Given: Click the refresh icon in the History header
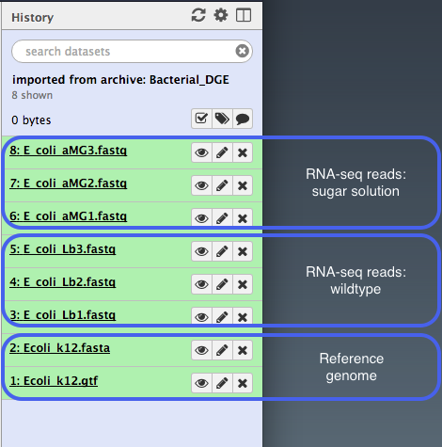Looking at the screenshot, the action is pyautogui.click(x=198, y=15).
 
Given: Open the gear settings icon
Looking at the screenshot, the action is pyautogui.click(x=221, y=15).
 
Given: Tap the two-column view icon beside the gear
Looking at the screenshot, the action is pyautogui.click(x=244, y=15).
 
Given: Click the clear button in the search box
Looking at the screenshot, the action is pyautogui.click(x=242, y=51).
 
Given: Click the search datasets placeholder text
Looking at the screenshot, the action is pyautogui.click(x=68, y=52).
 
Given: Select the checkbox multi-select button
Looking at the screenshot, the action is pyautogui.click(x=201, y=119).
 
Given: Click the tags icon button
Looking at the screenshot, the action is pyautogui.click(x=222, y=119).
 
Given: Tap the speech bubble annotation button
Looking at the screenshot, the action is pyautogui.click(x=243, y=119).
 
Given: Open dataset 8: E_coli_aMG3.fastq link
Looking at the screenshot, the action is pyautogui.click(x=69, y=151).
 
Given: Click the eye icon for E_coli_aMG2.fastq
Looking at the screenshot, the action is pyautogui.click(x=201, y=185).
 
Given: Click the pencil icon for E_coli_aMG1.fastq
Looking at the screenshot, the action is pyautogui.click(x=222, y=218).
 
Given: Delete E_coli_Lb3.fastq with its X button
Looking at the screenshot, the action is pyautogui.click(x=243, y=251).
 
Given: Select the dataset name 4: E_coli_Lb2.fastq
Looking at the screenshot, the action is pyautogui.click(x=63, y=282).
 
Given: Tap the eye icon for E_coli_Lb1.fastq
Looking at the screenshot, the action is pyautogui.click(x=201, y=317).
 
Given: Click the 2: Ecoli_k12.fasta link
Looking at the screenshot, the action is pyautogui.click(x=60, y=348).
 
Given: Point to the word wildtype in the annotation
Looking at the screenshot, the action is pyautogui.click(x=355, y=289).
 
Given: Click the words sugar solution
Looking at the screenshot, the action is pyautogui.click(x=355, y=191).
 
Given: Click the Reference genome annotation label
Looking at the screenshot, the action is pyautogui.click(x=352, y=367).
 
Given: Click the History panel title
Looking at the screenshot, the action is pyautogui.click(x=33, y=18).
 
